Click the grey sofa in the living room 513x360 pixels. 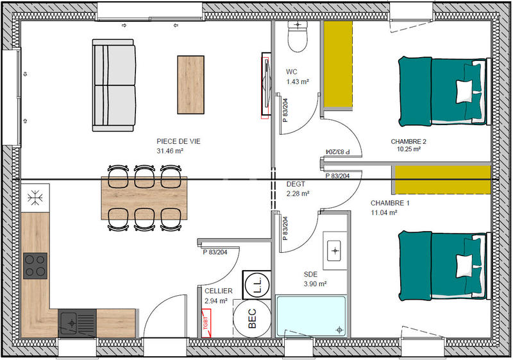pyautogui.click(x=114, y=85)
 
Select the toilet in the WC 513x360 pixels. pyautogui.click(x=298, y=37)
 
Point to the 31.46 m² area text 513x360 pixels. pyautogui.click(x=170, y=151)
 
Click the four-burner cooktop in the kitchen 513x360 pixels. pyautogui.click(x=35, y=266)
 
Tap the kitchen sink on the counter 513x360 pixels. pyautogui.click(x=77, y=320)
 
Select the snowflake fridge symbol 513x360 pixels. pyautogui.click(x=34, y=197)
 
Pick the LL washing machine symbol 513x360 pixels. pyautogui.click(x=256, y=284)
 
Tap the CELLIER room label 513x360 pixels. pyautogui.click(x=214, y=291)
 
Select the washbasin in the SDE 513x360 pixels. pyautogui.click(x=335, y=250)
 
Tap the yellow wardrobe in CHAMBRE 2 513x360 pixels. pyautogui.click(x=338, y=64)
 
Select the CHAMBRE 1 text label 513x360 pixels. pyautogui.click(x=389, y=203)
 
